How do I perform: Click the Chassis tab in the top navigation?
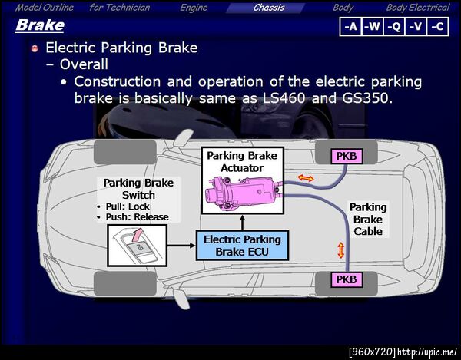coord(269,8)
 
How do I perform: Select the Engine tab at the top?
coord(194,8)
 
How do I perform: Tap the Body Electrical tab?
coord(418,8)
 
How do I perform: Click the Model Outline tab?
coord(45,8)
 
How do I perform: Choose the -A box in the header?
coord(350,27)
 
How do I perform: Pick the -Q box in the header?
coord(394,27)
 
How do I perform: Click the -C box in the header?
coord(437,27)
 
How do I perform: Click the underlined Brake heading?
coord(40,25)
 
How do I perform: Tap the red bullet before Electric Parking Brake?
coord(35,48)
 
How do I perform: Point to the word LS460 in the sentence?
coord(284,97)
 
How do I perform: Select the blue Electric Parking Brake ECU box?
coord(242,246)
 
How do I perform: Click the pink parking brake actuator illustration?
coord(244,193)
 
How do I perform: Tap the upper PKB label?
coord(347,157)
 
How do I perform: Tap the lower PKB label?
coord(347,279)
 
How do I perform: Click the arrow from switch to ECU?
coord(181,246)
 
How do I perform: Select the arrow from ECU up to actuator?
coord(242,223)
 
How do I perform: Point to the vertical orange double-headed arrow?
coord(340,250)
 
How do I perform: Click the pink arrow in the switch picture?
coord(138,234)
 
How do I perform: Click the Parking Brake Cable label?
coord(368,219)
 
